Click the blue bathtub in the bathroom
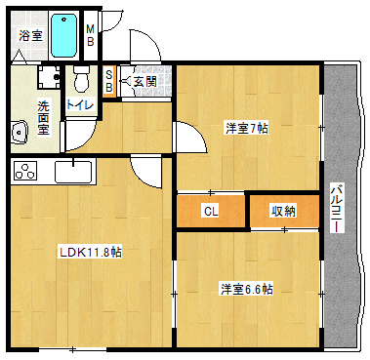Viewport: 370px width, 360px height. [x=64, y=35]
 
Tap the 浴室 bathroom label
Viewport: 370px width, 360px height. [x=30, y=35]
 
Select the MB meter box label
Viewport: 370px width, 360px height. [x=90, y=35]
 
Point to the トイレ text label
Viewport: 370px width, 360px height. [x=80, y=104]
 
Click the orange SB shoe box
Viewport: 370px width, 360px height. [x=109, y=81]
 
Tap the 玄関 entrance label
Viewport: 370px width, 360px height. [x=145, y=81]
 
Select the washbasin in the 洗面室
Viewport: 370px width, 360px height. [x=20, y=133]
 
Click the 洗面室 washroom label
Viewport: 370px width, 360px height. [x=43, y=118]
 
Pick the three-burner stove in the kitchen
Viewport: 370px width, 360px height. [x=25, y=171]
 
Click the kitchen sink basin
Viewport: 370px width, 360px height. [x=73, y=172]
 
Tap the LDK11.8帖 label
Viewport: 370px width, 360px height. [x=90, y=252]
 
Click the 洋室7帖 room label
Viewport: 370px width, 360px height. [x=247, y=129]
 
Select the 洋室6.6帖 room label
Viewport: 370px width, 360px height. [x=247, y=289]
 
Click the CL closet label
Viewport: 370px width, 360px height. [x=211, y=212]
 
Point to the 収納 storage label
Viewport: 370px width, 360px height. [x=284, y=212]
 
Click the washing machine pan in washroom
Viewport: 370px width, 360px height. [x=49, y=77]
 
